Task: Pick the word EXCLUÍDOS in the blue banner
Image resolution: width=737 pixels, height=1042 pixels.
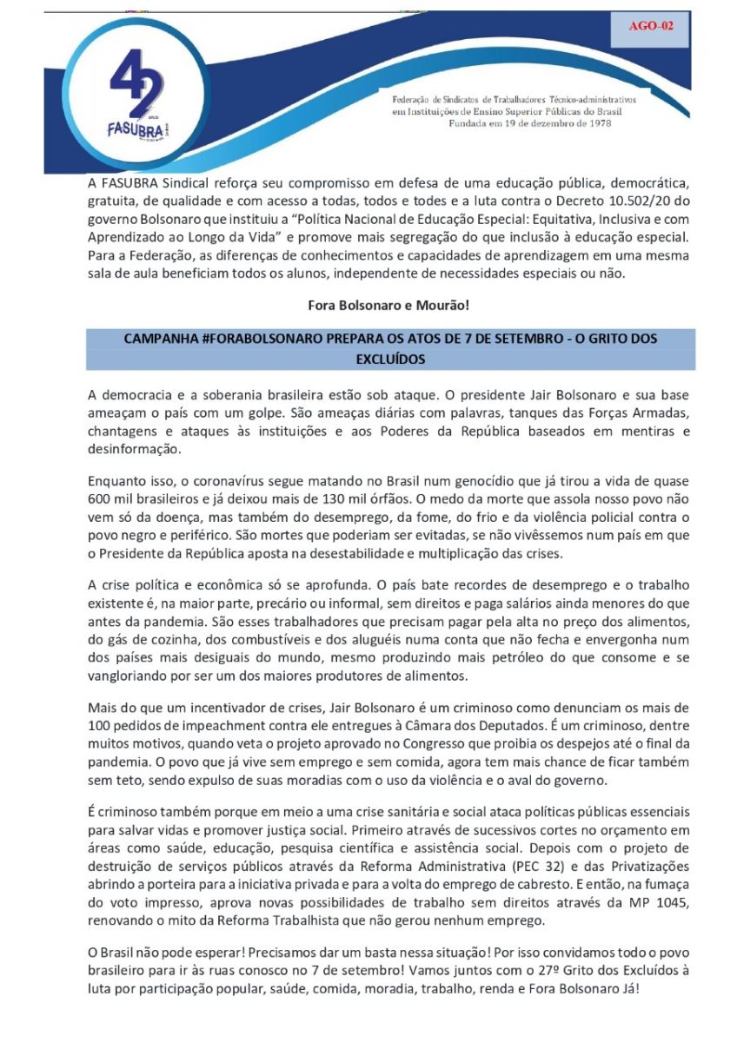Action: tap(392, 357)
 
